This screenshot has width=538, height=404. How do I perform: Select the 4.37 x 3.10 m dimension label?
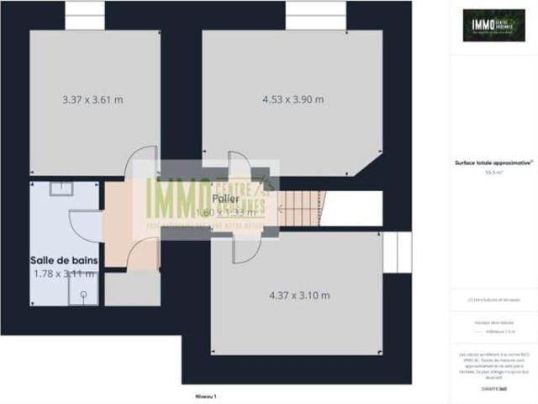click(x=298, y=295)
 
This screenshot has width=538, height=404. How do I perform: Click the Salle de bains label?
click(x=64, y=261)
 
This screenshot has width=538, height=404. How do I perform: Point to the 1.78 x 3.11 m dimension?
click(x=64, y=274)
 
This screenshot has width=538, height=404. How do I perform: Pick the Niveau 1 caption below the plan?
click(x=206, y=396)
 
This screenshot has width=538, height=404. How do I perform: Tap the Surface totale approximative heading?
click(x=492, y=163)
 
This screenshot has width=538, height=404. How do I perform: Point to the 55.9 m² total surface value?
click(x=492, y=172)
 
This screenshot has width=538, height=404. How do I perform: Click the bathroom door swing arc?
click(x=82, y=223)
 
